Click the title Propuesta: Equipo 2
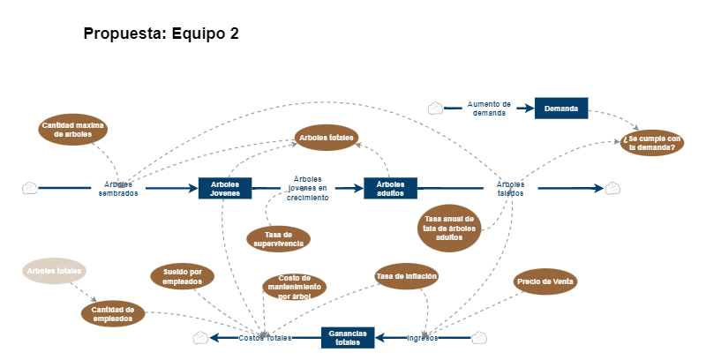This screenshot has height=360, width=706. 161,34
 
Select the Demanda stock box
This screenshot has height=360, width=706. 561,109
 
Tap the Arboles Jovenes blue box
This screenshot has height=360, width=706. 225,188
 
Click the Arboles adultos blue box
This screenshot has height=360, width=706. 390,188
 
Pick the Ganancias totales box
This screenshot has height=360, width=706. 347,337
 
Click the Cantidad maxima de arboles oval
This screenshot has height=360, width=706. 72,130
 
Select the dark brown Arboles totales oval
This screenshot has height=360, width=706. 327,138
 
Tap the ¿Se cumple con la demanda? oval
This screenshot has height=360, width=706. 652,142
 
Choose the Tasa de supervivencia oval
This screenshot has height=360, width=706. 278,238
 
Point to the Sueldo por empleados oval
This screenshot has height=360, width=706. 183,276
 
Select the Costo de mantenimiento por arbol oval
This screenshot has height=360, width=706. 295,287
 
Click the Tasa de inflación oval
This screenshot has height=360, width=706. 407,276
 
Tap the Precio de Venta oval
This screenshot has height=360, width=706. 546,281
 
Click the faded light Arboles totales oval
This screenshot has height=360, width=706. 54,271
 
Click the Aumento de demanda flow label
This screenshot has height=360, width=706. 489,109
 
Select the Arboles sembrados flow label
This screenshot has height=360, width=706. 118,189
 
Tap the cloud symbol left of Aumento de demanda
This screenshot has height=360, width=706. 435,109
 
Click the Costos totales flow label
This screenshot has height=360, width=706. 265,338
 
